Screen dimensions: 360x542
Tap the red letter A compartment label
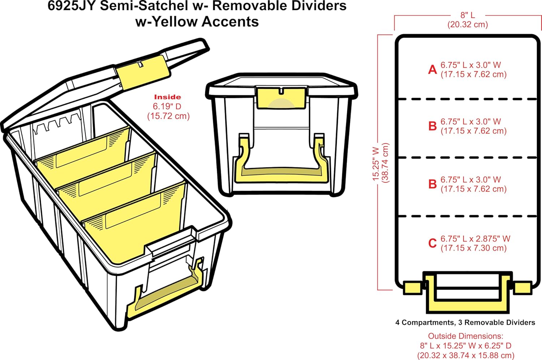pyautogui.click(x=433, y=69)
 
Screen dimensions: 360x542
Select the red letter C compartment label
pyautogui.click(x=433, y=243)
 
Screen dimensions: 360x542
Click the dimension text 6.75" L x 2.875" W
pyautogui.click(x=475, y=239)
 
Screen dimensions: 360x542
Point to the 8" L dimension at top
pyautogui.click(x=468, y=15)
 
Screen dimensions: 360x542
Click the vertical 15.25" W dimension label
pyautogui.click(x=376, y=163)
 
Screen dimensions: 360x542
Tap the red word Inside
pyautogui.click(x=167, y=97)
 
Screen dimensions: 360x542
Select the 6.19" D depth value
pyautogui.click(x=167, y=106)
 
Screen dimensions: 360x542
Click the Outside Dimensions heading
pyautogui.click(x=465, y=336)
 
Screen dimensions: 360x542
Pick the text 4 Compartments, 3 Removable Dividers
pyautogui.click(x=465, y=322)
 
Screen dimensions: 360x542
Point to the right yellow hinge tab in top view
pyautogui.click(x=522, y=288)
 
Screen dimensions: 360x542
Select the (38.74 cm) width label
pyautogui.click(x=386, y=163)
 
